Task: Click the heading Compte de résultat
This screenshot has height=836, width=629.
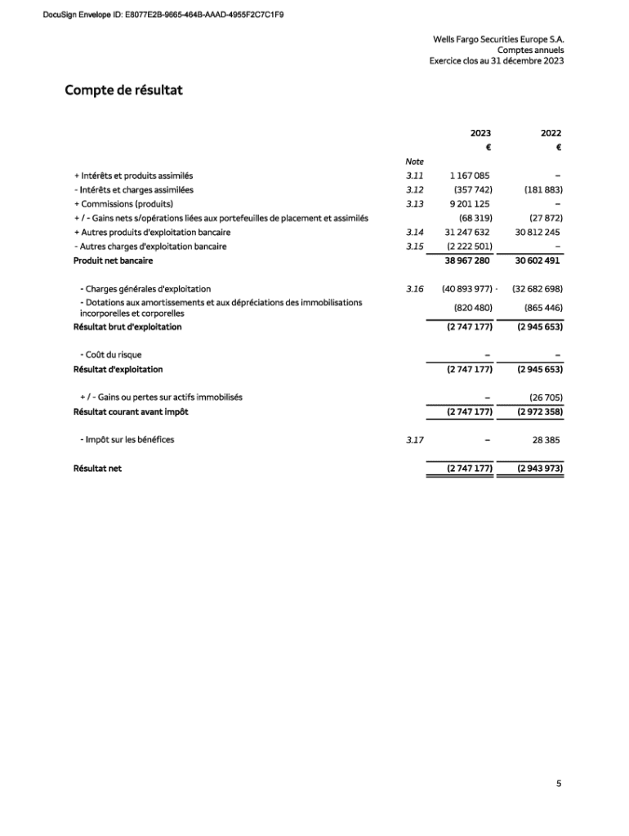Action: (x=123, y=90)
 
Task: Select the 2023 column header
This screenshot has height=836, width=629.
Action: (x=480, y=133)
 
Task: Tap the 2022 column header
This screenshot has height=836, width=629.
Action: (x=551, y=133)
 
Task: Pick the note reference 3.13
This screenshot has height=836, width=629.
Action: (x=414, y=204)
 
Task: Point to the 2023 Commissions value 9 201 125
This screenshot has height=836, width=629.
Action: (x=470, y=204)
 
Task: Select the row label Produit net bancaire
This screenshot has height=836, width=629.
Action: (x=114, y=260)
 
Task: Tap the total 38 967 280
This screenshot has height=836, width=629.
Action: (x=467, y=260)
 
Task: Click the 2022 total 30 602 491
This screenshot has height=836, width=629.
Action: (x=538, y=260)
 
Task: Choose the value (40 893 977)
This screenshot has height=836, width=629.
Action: (x=466, y=289)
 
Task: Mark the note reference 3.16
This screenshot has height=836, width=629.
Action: (x=414, y=289)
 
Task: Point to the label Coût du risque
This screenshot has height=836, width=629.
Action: (x=111, y=355)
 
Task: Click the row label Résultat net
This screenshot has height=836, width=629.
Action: (x=97, y=469)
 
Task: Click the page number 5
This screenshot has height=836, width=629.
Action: (x=559, y=784)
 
